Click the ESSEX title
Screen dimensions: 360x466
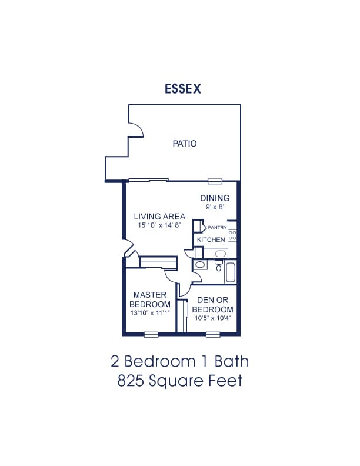point(183,89)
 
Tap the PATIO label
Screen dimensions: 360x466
point(185,144)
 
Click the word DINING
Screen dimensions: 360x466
point(215,198)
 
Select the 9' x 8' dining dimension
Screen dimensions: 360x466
point(215,207)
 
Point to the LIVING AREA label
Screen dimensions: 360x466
point(159,217)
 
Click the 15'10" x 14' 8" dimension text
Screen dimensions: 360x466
point(159,225)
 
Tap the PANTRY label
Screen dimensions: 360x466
point(217,228)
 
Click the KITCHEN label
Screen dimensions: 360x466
point(211,239)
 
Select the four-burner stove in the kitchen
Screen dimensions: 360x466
point(232,235)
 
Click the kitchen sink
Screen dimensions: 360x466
point(220,254)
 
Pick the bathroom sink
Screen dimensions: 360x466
point(200,265)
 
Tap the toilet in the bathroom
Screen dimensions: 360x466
point(219,267)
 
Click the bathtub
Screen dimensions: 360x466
point(231,272)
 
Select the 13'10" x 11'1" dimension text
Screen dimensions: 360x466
point(150,312)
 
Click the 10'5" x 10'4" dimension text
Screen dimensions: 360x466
point(213,318)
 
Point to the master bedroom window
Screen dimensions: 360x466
point(151,335)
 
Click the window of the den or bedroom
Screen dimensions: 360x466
point(213,335)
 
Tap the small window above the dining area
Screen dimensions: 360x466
point(215,181)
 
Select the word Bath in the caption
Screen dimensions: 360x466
point(232,361)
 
